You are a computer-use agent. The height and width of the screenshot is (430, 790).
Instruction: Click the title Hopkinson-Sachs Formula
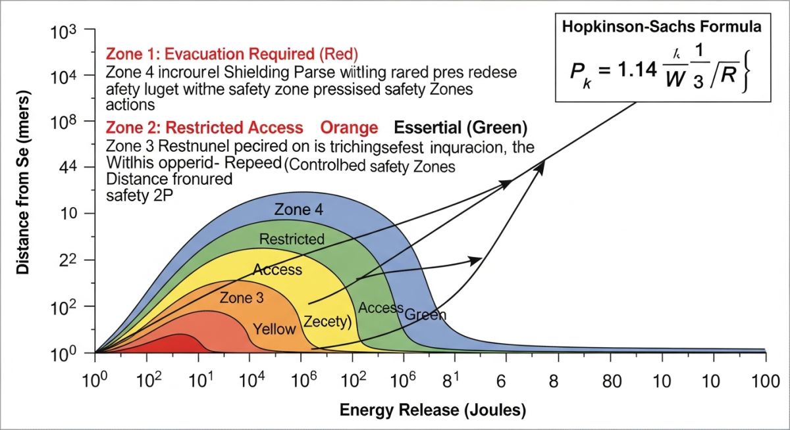point(660,28)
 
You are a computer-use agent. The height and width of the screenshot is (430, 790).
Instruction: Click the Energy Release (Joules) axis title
point(433,410)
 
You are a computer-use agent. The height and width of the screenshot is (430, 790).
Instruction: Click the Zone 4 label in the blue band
point(300,210)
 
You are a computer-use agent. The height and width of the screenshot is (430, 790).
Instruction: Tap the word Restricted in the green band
point(292,239)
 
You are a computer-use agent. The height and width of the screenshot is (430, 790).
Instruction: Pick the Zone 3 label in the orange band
point(242,297)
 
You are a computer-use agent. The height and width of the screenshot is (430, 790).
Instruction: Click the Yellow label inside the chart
point(275,329)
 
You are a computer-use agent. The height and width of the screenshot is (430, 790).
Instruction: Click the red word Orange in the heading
point(348,127)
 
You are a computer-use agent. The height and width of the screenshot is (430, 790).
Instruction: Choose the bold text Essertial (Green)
point(461,127)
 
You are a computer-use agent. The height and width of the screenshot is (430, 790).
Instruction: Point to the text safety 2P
point(135,195)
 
